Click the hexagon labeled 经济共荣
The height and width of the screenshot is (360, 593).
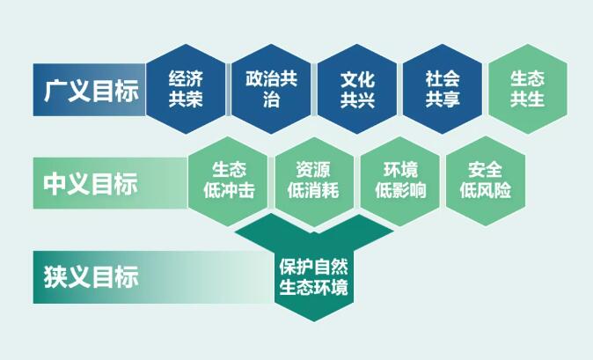[x=185, y=89]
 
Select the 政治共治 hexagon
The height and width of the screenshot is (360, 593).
[x=271, y=89]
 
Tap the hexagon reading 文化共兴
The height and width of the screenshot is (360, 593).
[x=357, y=89]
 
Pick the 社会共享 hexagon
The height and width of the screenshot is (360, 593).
[x=443, y=89]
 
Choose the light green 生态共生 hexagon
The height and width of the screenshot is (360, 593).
[x=527, y=89]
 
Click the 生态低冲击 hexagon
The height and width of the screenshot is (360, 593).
[x=228, y=180]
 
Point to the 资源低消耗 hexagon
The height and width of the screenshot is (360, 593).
[x=313, y=180]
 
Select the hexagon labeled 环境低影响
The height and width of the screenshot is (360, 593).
[x=399, y=180]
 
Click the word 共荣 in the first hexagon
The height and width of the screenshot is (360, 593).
[x=185, y=99]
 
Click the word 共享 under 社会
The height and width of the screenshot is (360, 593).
[x=443, y=99]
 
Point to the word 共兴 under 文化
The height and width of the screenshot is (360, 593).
[x=357, y=99]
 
